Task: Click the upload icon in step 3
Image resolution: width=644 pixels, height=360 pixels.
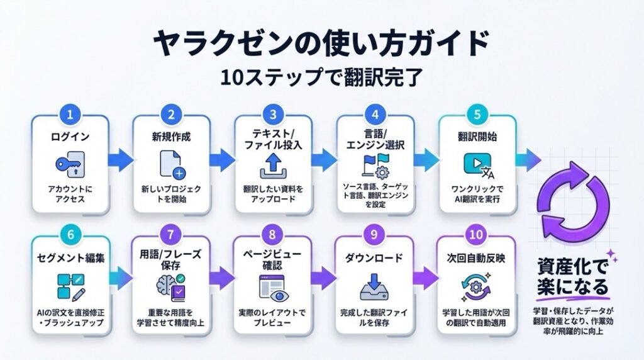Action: [x=272, y=168]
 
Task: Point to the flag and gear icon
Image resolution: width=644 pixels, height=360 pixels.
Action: [x=374, y=165]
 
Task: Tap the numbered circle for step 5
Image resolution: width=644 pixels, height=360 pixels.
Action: [x=475, y=115]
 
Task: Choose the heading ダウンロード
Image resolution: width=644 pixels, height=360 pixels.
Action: [x=373, y=257]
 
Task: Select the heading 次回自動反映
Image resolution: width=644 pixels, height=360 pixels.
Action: [x=475, y=257]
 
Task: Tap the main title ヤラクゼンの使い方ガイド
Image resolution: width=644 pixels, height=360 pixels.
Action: [x=321, y=44]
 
